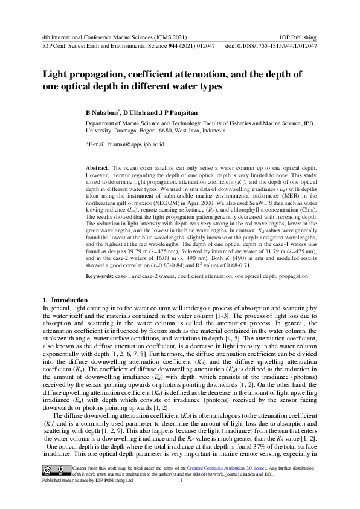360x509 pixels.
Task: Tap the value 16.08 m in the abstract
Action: point(178,257)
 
